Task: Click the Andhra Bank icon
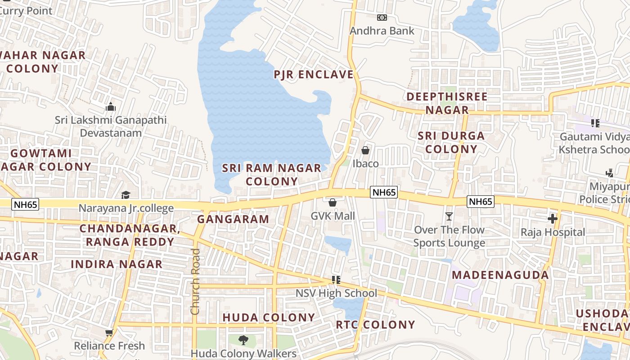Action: click(382, 18)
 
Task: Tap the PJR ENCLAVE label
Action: click(314, 74)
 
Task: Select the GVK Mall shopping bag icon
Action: click(333, 203)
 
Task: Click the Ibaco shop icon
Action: click(365, 150)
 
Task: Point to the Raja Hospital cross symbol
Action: click(552, 219)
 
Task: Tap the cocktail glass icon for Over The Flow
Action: click(449, 216)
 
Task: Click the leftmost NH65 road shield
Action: click(26, 204)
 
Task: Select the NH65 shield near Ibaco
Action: click(384, 193)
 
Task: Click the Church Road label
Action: click(195, 281)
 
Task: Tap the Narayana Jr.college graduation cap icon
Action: click(126, 195)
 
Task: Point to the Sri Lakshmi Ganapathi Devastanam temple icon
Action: click(110, 107)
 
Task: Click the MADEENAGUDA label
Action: click(500, 275)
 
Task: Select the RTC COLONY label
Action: click(375, 324)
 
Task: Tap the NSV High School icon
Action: click(335, 280)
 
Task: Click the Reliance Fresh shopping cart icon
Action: click(109, 333)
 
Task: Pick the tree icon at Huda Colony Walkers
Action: click(243, 340)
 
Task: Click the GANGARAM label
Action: click(233, 220)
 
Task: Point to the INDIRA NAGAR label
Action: click(117, 264)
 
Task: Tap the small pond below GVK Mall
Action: click(338, 243)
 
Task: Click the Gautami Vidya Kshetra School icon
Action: click(595, 123)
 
